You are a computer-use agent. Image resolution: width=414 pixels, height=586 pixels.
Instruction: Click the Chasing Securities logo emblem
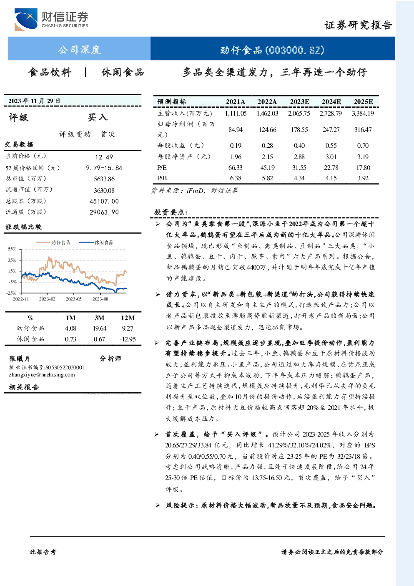[x=26, y=19]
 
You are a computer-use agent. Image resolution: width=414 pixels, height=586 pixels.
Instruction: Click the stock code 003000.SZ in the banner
[x=295, y=50]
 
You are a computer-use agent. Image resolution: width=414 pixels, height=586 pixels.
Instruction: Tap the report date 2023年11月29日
[x=34, y=101]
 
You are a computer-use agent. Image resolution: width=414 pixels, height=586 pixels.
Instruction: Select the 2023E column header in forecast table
[x=299, y=102]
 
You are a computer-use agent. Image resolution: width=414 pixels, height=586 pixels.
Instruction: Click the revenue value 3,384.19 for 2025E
[x=363, y=114]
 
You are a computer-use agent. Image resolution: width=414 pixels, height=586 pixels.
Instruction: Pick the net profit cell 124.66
[x=268, y=130]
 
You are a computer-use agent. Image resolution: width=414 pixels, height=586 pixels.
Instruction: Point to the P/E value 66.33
[x=236, y=168]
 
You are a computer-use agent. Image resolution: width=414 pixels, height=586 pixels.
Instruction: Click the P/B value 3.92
[x=363, y=178]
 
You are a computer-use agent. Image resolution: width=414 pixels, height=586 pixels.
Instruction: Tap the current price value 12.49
[x=104, y=157]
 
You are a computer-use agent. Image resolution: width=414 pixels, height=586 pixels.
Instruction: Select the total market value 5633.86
[x=104, y=179]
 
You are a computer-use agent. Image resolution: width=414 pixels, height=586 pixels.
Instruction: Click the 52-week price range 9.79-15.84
[x=104, y=168]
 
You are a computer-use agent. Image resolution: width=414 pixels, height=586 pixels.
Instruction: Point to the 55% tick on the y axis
[x=12, y=249]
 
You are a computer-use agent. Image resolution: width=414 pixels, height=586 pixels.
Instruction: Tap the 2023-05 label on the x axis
[x=73, y=299]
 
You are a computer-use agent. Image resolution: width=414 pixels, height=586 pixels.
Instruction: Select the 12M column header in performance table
[x=128, y=318]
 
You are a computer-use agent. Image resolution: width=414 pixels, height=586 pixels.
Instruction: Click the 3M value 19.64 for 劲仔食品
[x=100, y=328]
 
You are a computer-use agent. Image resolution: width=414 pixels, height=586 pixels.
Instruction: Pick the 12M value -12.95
[x=128, y=339]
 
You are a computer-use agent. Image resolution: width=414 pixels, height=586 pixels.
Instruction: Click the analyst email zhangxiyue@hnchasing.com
[x=42, y=375]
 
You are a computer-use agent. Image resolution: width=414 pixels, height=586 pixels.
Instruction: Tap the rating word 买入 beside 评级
[x=98, y=117]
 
